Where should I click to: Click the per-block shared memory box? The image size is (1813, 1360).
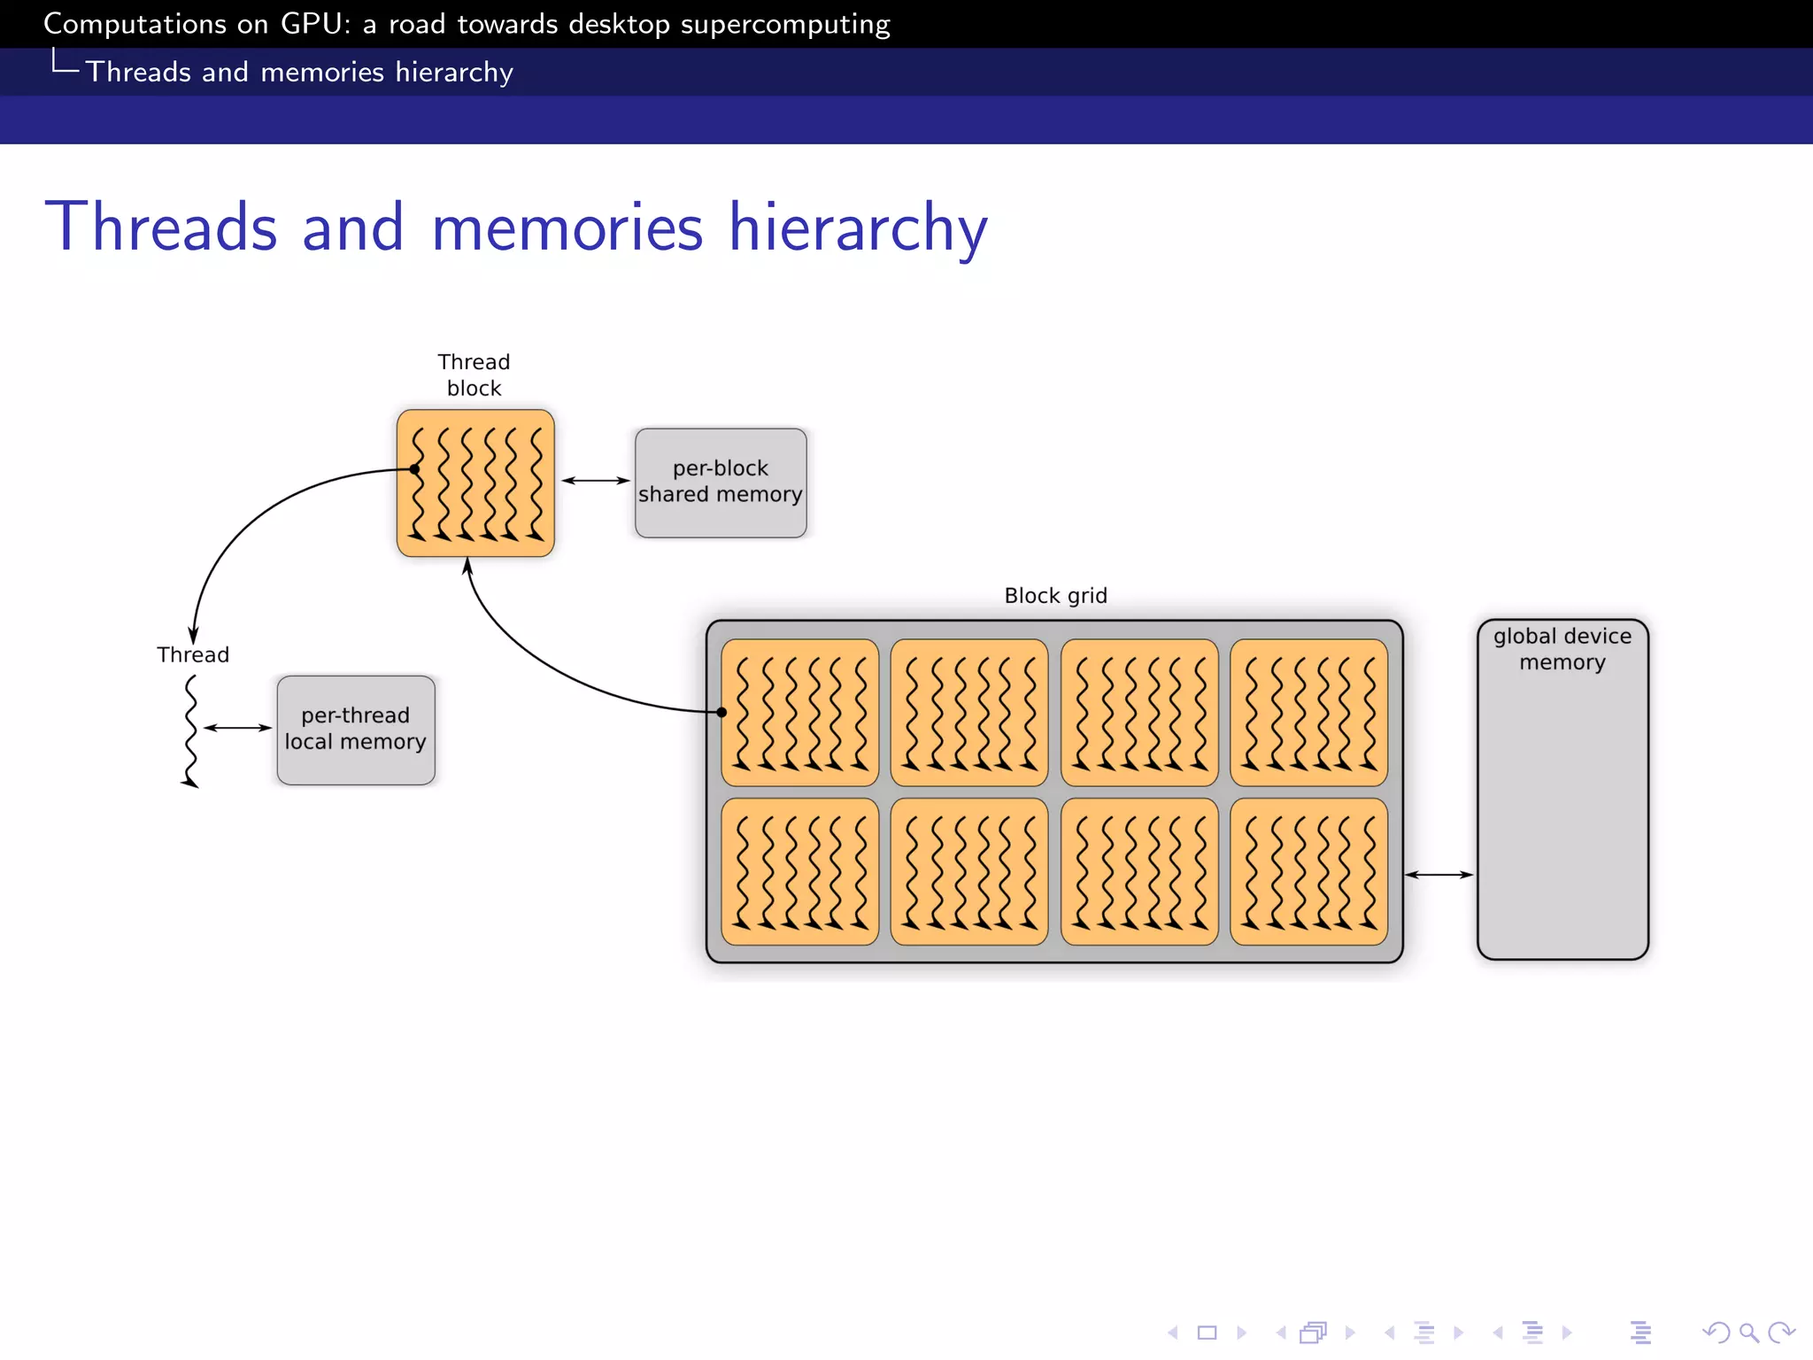[x=721, y=483]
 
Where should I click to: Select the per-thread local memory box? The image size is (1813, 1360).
[x=356, y=730]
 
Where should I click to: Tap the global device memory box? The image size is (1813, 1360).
[x=1562, y=788]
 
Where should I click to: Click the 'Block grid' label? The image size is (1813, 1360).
[x=1055, y=596]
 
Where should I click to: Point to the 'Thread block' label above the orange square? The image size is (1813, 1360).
[x=474, y=375]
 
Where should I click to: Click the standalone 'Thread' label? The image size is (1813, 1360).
[x=193, y=655]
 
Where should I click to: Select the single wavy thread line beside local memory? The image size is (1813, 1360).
[x=190, y=731]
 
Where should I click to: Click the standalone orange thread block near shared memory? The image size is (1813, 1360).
[x=475, y=483]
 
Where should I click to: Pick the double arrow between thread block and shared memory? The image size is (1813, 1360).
[x=595, y=480]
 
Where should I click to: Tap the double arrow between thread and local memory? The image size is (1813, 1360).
[x=237, y=728]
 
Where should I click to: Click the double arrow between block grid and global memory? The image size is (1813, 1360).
[x=1439, y=875]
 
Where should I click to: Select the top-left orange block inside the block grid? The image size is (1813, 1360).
[x=800, y=713]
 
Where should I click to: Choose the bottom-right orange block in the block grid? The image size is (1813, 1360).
[x=1308, y=871]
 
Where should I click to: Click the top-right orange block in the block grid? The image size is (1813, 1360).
[x=1308, y=713]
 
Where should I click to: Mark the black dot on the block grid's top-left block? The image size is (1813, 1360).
[x=722, y=712]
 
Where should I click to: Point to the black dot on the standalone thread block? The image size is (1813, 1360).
[x=414, y=469]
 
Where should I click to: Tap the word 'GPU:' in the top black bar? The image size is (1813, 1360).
[x=315, y=24]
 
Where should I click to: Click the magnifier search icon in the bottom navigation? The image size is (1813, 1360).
[x=1748, y=1333]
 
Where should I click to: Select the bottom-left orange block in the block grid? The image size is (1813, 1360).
[x=800, y=871]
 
